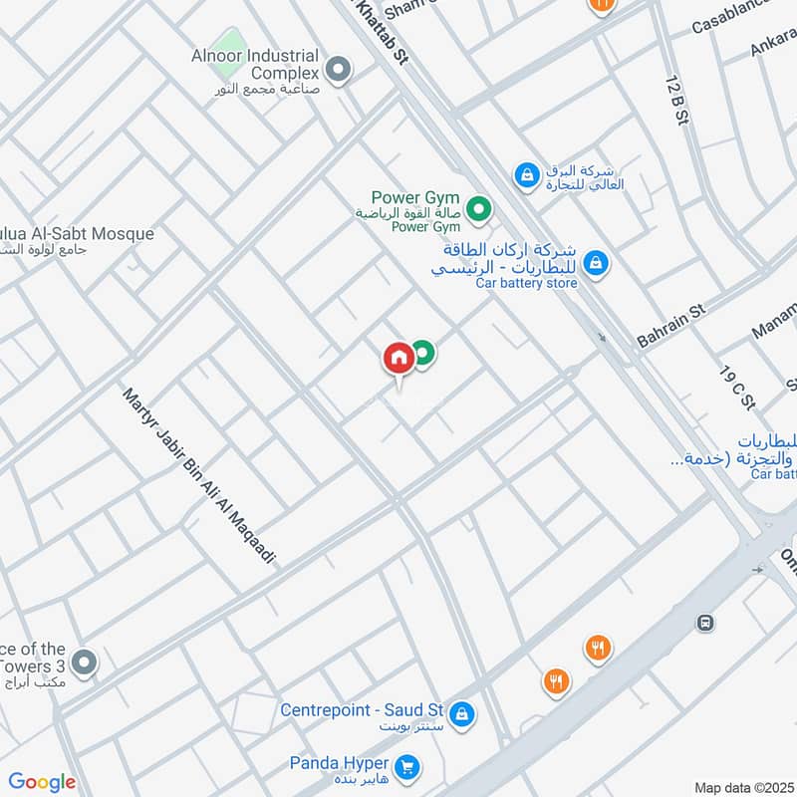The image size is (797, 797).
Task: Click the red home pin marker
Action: [398, 358]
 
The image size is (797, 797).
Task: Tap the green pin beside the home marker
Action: [423, 352]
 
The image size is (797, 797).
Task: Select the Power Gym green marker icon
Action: [479, 209]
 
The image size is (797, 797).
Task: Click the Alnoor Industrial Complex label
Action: [255, 64]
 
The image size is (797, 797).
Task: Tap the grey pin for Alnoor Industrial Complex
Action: [339, 70]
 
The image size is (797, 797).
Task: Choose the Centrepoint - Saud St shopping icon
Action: [460, 713]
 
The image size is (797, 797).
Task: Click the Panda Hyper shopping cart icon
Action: [405, 766]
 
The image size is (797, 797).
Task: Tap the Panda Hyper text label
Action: [338, 763]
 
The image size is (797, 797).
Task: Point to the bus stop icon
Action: [705, 623]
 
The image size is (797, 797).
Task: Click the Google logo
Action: [42, 782]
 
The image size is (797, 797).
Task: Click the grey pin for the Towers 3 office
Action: [86, 662]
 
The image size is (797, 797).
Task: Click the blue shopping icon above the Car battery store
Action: [525, 175]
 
